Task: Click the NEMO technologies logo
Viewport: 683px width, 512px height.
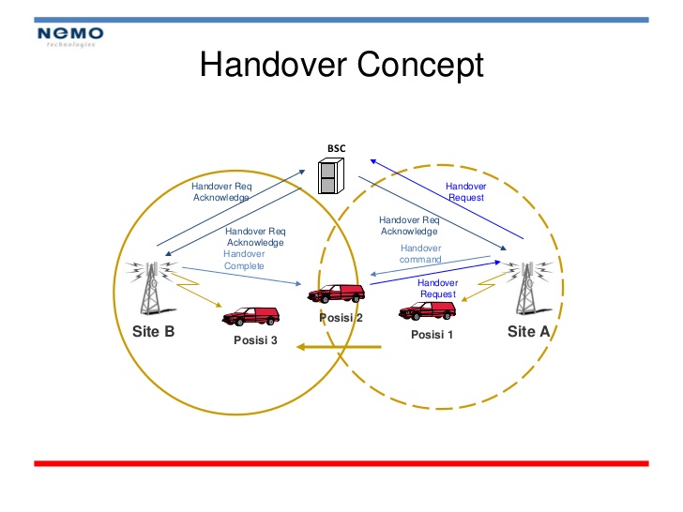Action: click(x=70, y=37)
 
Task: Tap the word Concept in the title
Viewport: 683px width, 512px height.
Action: click(x=420, y=66)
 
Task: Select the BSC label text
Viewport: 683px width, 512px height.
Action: click(x=336, y=148)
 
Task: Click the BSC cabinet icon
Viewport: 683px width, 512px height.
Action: click(x=331, y=176)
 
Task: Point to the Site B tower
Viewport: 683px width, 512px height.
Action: click(x=151, y=288)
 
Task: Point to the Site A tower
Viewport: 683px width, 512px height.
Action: click(x=527, y=288)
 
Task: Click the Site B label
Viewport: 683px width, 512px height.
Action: click(x=153, y=332)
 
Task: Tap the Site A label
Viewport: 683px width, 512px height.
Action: click(x=528, y=332)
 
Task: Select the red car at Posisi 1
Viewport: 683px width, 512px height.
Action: click(x=427, y=311)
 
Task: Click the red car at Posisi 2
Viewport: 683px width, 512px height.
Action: click(x=336, y=294)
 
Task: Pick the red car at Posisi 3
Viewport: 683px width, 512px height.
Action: click(x=250, y=316)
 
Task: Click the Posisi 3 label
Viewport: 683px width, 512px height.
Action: click(x=255, y=340)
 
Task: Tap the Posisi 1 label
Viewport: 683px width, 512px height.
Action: click(x=433, y=335)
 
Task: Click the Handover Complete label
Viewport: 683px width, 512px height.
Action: click(x=244, y=260)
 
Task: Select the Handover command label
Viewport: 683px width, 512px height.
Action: click(x=420, y=254)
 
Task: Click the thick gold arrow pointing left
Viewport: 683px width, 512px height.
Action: click(x=339, y=347)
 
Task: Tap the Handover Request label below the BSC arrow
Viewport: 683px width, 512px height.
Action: click(x=465, y=191)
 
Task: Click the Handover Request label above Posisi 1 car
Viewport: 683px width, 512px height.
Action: click(x=438, y=288)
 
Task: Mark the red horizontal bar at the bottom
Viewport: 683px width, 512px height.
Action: click(x=341, y=463)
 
